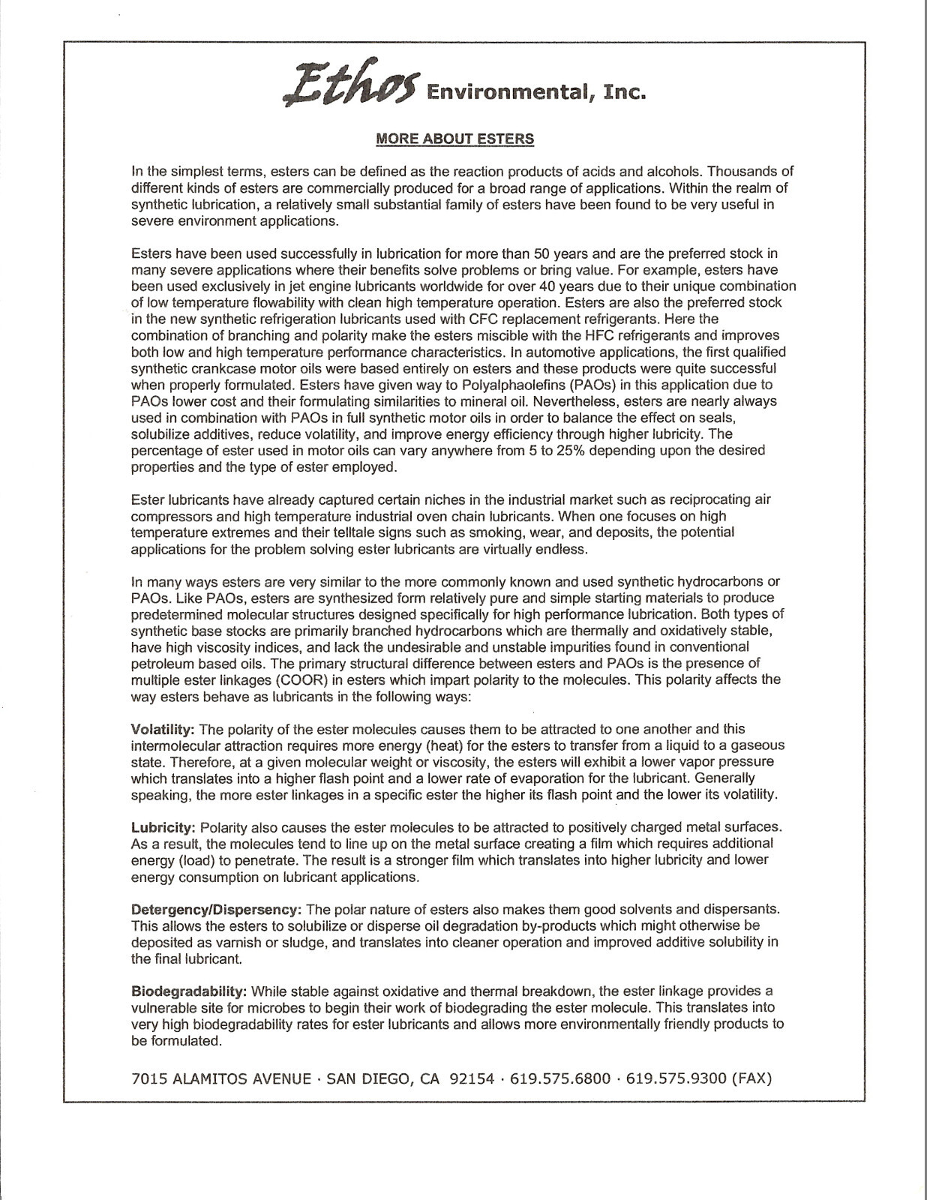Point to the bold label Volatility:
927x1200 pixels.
[163, 729]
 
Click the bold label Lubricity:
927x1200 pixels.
[163, 827]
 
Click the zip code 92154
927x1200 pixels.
[472, 1078]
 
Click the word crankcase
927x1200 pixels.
[213, 368]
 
